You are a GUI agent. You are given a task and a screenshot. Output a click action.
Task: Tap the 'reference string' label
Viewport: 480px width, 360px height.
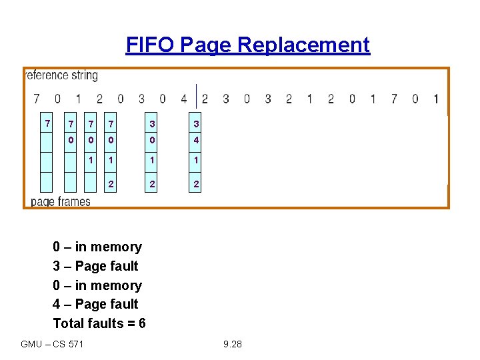62,75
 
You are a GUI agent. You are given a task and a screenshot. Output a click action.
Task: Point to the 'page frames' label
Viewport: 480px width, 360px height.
61,201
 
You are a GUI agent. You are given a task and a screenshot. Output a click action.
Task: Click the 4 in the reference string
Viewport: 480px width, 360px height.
184,99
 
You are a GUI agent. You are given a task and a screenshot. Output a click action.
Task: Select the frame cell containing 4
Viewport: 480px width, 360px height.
196,140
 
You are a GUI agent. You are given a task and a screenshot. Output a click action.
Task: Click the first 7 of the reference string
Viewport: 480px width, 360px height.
37,99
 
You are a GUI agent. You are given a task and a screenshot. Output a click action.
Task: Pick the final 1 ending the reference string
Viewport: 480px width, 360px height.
435,99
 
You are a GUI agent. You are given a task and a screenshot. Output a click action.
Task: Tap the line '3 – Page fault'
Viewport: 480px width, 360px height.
95,266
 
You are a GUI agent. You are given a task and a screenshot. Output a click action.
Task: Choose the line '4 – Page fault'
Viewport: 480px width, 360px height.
95,304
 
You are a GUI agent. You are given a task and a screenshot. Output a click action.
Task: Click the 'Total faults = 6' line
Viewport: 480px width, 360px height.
99,323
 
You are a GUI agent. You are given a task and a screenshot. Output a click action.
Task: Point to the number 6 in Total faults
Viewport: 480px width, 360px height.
141,323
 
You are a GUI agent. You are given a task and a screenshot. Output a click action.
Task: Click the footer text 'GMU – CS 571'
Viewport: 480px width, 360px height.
52,344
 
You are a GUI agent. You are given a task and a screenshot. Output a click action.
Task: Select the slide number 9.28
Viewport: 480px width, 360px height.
233,344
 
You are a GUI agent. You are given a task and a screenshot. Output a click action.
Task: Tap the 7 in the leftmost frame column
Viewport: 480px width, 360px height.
47,124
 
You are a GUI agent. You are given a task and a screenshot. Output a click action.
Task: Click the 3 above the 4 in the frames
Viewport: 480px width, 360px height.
196,124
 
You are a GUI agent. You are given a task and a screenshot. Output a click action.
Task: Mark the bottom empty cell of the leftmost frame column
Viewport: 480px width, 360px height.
47,183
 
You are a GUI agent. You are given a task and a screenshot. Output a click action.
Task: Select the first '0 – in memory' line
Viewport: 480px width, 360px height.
97,247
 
